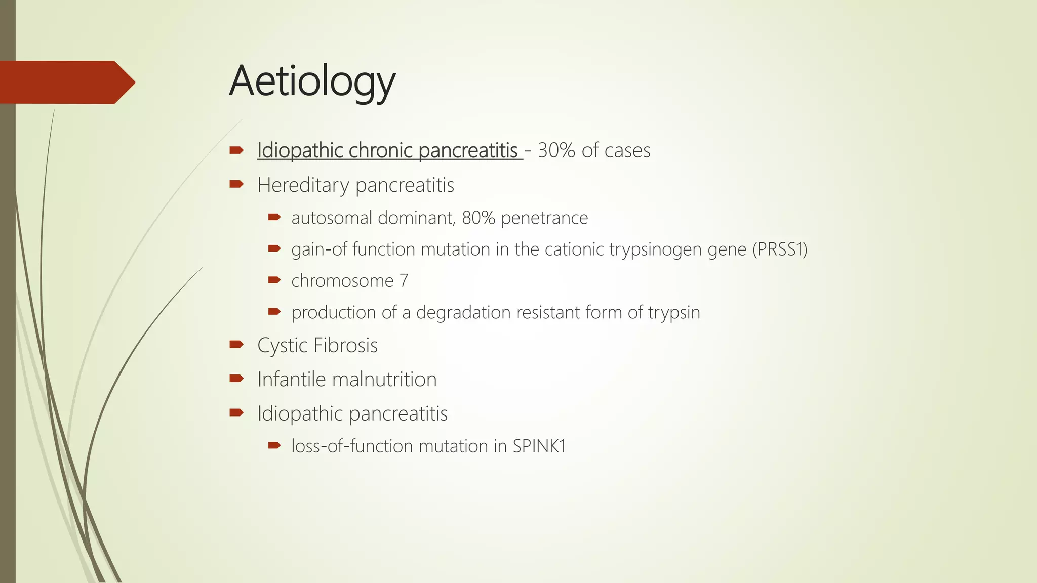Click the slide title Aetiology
pyautogui.click(x=312, y=82)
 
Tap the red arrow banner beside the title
pyautogui.click(x=66, y=82)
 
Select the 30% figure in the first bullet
pyautogui.click(x=556, y=151)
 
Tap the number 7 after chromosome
pyautogui.click(x=404, y=281)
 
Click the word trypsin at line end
pyautogui.click(x=674, y=313)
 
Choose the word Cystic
pyautogui.click(x=283, y=346)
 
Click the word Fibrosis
pyautogui.click(x=346, y=346)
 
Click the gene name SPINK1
pyautogui.click(x=539, y=446)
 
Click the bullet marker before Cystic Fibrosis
pyautogui.click(x=236, y=345)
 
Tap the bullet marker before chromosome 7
pyautogui.click(x=274, y=280)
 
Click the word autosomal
pyautogui.click(x=332, y=218)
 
